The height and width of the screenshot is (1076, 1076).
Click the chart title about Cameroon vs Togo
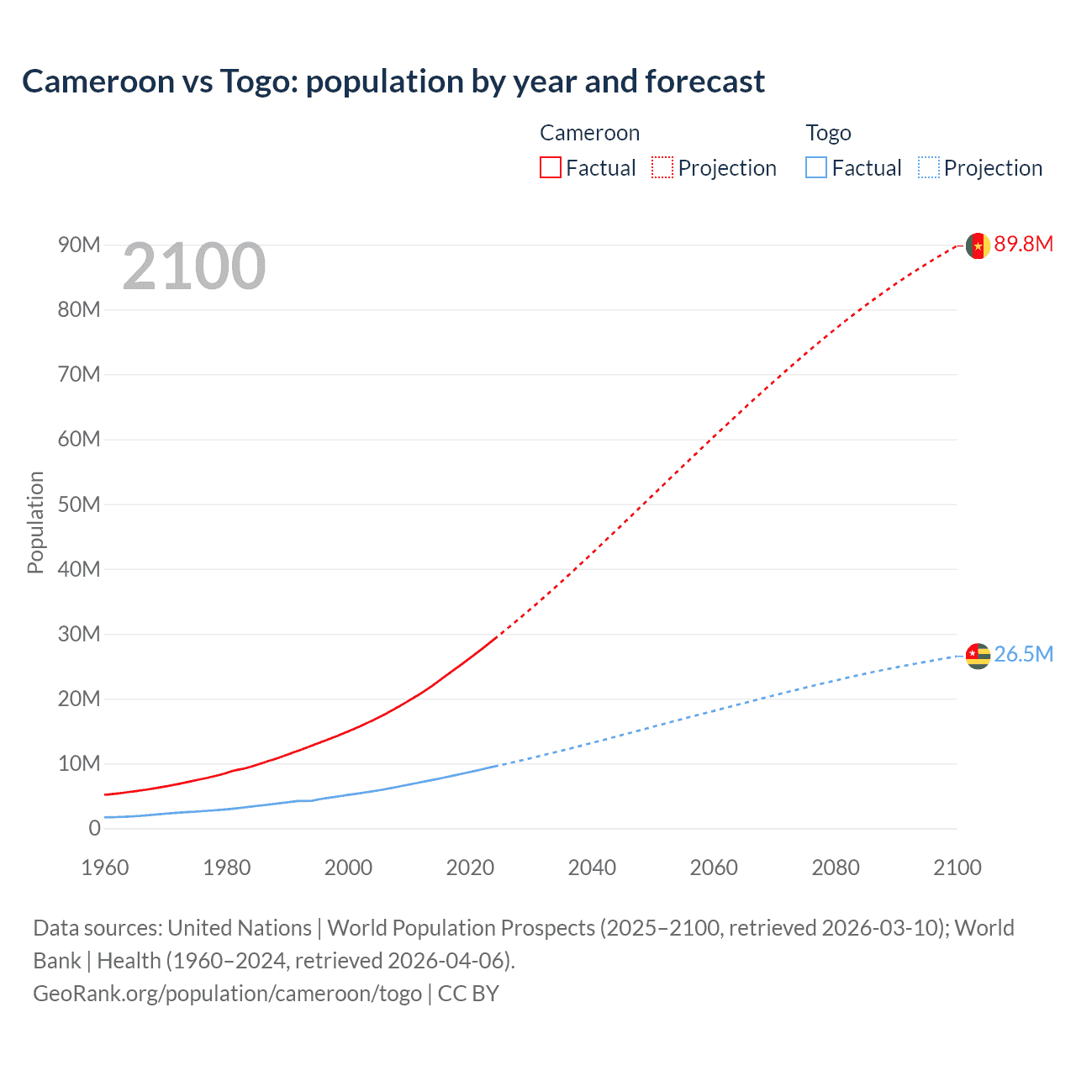pyautogui.click(x=393, y=82)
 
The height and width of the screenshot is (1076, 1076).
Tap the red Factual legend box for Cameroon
pyautogui.click(x=550, y=167)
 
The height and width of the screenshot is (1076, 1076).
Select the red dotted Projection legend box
pyautogui.click(x=662, y=167)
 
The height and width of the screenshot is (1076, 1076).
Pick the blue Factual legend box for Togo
pyautogui.click(x=816, y=167)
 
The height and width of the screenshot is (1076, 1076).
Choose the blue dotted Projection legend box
pyautogui.click(x=929, y=167)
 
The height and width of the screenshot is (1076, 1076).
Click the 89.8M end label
pyautogui.click(x=1023, y=244)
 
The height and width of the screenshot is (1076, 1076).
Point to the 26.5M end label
pyautogui.click(x=1023, y=654)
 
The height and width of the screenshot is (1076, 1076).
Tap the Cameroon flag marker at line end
pyautogui.click(x=978, y=245)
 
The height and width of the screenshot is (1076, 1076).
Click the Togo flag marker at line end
pyautogui.click(x=978, y=656)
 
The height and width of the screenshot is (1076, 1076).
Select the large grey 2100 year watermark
pyautogui.click(x=194, y=266)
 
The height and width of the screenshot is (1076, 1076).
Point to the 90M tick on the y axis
pyautogui.click(x=79, y=245)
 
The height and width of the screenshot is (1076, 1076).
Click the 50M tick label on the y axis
pyautogui.click(x=79, y=504)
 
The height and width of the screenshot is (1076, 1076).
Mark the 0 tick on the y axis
pyautogui.click(x=94, y=828)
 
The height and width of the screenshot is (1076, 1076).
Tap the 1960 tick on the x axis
pyautogui.click(x=105, y=868)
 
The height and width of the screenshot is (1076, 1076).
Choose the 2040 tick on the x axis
pyautogui.click(x=592, y=868)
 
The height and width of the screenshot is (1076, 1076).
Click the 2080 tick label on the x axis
pyautogui.click(x=836, y=868)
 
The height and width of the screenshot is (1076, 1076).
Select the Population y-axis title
pyautogui.click(x=35, y=522)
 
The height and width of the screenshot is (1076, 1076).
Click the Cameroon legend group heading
pyautogui.click(x=589, y=133)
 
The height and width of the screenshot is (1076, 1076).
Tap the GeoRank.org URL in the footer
pyautogui.click(x=227, y=994)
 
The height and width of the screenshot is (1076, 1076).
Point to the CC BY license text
pyautogui.click(x=468, y=994)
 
